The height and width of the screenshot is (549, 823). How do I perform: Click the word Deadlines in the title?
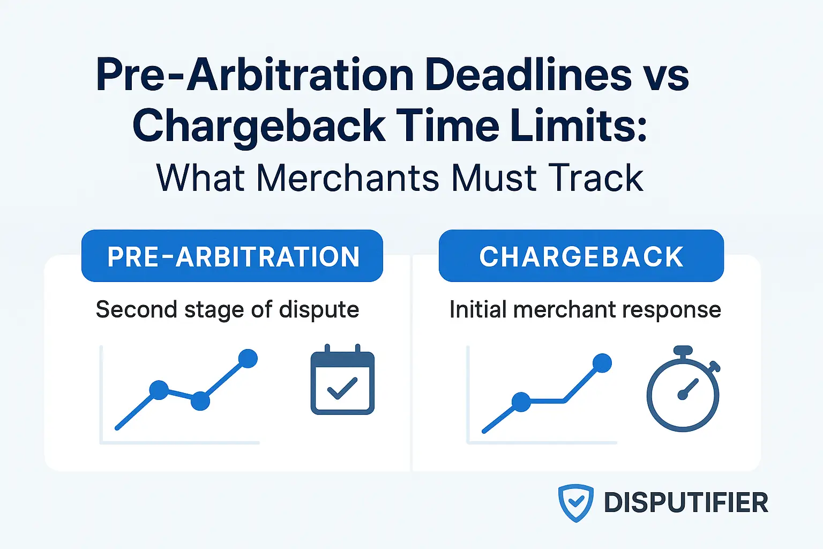click(528, 75)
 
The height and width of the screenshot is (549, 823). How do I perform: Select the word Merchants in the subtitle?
click(349, 178)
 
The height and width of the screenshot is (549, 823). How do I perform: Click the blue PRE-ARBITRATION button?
click(232, 256)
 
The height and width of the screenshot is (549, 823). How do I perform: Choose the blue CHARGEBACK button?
click(581, 256)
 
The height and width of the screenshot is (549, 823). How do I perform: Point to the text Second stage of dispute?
click(227, 310)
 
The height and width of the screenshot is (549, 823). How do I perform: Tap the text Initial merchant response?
click(585, 310)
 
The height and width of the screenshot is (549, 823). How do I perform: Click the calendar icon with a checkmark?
click(342, 381)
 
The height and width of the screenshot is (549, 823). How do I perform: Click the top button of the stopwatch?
click(683, 351)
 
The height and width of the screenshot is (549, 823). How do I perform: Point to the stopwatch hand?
click(688, 389)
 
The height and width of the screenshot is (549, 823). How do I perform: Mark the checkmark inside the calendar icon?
click(342, 388)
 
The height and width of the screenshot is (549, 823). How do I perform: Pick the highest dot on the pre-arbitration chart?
click(248, 358)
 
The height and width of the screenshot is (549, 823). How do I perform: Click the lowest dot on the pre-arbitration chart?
click(200, 400)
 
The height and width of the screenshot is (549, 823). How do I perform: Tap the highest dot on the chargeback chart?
click(602, 363)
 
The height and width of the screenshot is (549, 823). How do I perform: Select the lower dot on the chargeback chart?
click(521, 402)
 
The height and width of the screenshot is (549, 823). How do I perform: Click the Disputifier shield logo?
click(575, 503)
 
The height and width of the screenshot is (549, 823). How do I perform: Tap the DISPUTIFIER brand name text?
click(686, 503)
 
